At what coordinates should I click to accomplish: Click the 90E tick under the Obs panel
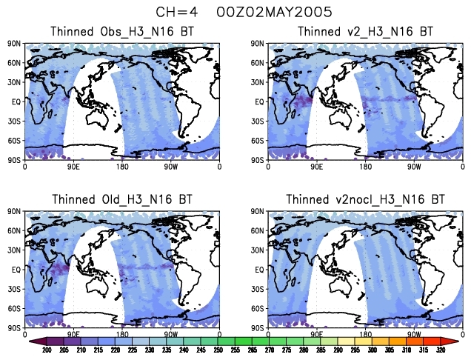73,167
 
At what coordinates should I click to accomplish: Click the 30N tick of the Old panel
16,250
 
